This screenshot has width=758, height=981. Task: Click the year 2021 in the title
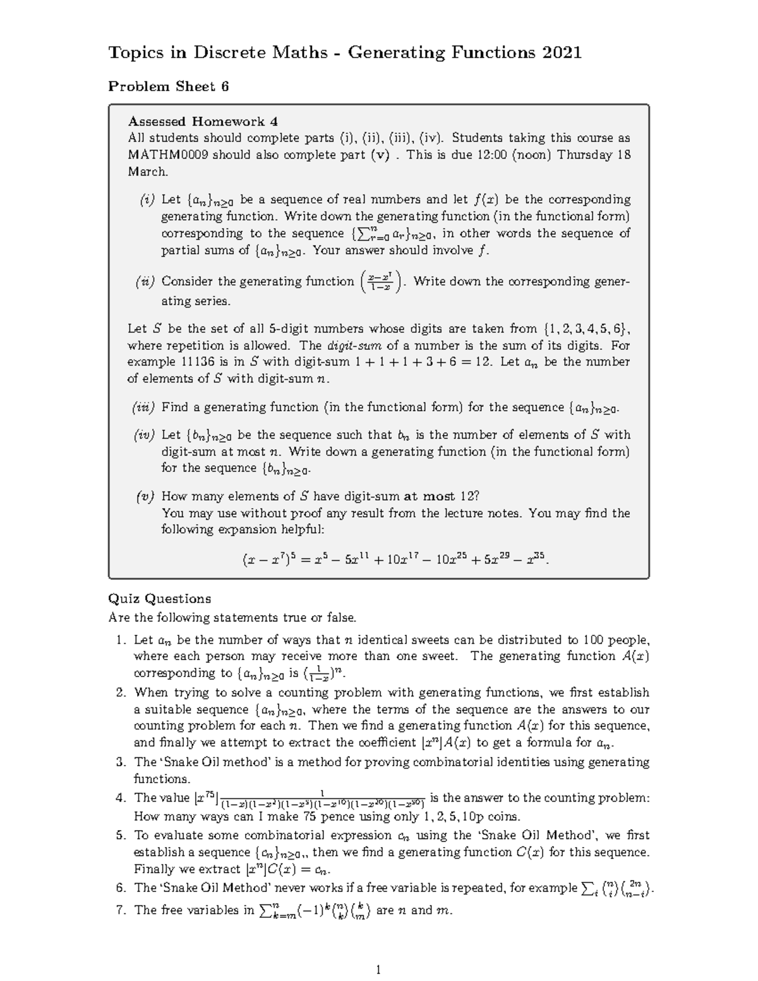click(561, 52)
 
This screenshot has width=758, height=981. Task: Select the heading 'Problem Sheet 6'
click(168, 87)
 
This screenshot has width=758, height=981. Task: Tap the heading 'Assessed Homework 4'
click(203, 121)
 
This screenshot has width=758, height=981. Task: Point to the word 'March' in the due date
click(147, 172)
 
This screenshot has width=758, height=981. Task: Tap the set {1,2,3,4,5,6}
click(586, 328)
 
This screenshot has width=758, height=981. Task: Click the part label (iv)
click(145, 435)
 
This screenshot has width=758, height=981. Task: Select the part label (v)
click(145, 497)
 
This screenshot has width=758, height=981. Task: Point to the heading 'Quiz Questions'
click(159, 598)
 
